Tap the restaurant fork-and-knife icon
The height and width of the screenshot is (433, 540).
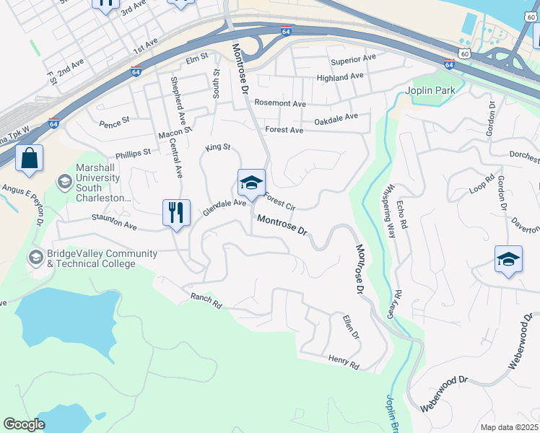point(176,213)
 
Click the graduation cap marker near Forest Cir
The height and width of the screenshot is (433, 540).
point(251,183)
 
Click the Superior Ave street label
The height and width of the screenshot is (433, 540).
point(353,58)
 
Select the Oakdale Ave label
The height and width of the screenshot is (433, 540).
point(336,118)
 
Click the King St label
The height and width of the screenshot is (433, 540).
point(217,147)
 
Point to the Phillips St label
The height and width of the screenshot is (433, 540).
point(133,153)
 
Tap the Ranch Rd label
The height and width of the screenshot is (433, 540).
point(206,300)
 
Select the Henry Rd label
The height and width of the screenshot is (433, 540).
point(343,362)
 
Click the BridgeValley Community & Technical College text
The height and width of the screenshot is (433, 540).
point(92,258)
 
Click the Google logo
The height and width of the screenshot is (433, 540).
point(24,424)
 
